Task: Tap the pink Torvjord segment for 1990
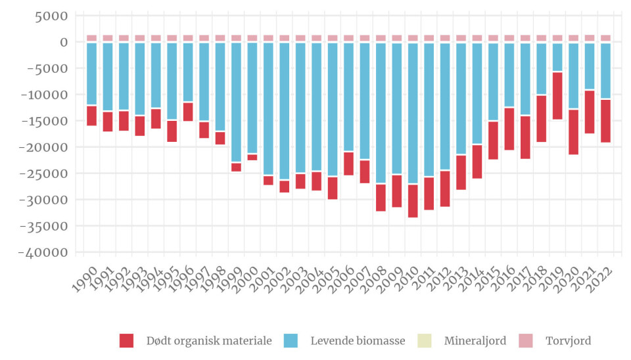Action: [x=91, y=38]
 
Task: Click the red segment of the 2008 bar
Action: [x=381, y=197]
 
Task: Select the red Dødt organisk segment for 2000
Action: [x=252, y=157]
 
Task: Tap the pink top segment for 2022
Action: [x=605, y=38]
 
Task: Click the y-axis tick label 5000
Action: [x=52, y=15]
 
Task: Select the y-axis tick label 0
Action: [x=64, y=42]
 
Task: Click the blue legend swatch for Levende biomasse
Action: [x=291, y=341]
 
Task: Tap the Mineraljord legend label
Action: [x=475, y=341]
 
